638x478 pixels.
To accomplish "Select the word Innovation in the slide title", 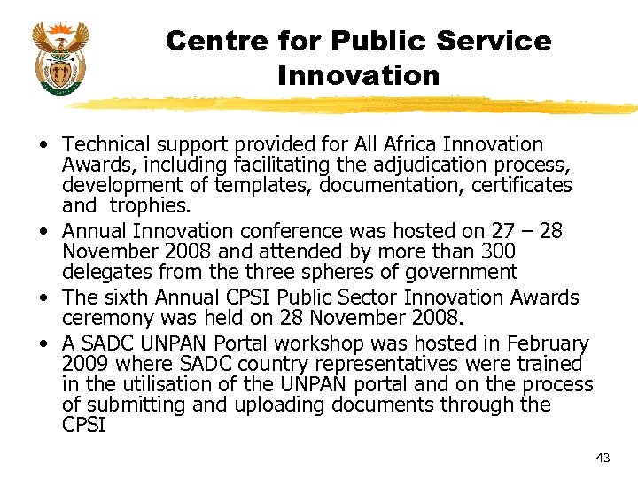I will click(358, 76).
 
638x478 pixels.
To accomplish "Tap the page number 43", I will click(603, 458).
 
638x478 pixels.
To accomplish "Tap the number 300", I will click(501, 251).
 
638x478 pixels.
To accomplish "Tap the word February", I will click(548, 343).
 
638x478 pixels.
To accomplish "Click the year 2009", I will click(83, 364).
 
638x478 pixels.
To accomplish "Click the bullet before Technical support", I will click(43, 144).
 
